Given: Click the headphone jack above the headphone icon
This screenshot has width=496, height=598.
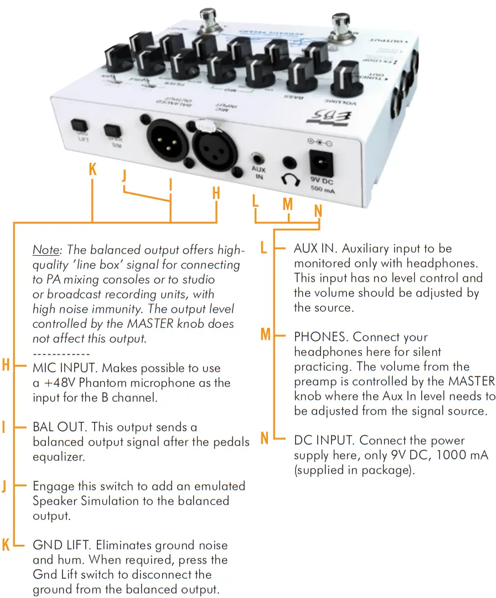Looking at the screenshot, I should coord(288,162).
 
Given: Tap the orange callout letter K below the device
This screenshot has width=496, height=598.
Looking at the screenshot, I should coord(92,170).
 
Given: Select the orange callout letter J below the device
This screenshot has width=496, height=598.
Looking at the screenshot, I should coord(124,177).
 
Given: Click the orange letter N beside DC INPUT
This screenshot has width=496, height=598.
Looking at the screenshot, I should coord(265,440).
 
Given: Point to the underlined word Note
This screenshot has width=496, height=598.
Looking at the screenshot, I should coord(45,249).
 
